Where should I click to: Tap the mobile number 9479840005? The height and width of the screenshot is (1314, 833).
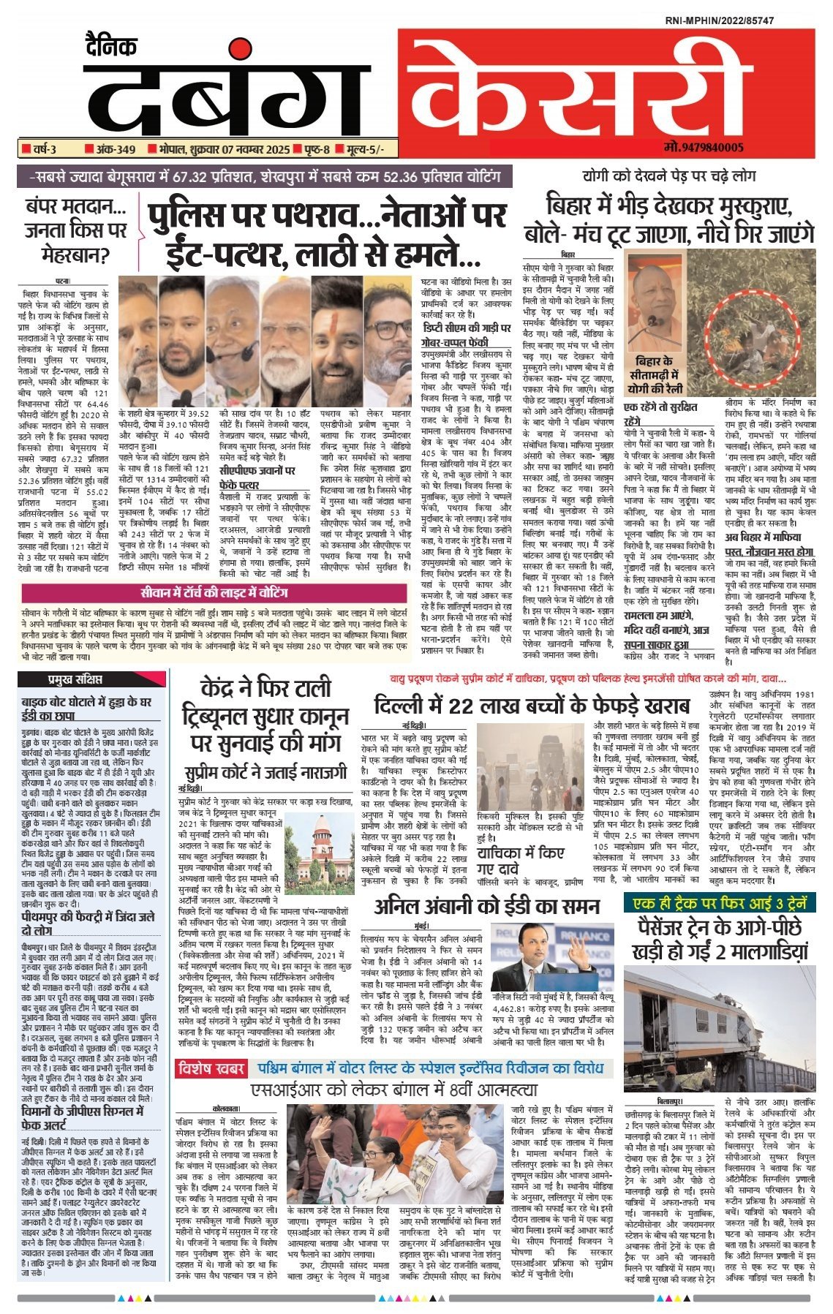click(704, 148)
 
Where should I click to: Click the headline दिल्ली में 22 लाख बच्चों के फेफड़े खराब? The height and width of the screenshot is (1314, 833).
click(531, 706)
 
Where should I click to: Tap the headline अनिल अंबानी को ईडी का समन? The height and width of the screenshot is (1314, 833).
click(486, 906)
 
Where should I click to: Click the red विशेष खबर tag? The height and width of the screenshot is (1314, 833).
click(212, 1068)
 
